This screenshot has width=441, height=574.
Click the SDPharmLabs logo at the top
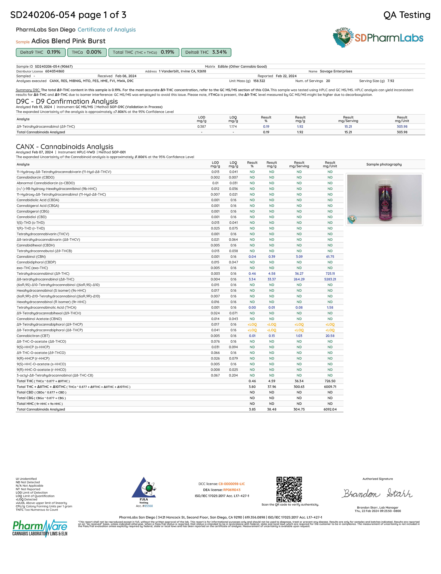[378, 38]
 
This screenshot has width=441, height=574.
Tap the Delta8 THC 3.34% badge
[206, 52]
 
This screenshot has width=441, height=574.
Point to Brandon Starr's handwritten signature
[377, 493]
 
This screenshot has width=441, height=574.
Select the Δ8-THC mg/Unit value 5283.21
[330, 279]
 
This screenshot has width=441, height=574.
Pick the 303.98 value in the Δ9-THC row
[402, 126]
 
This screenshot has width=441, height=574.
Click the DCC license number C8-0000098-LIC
[232, 484]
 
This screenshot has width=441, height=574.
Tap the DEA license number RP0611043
[232, 490]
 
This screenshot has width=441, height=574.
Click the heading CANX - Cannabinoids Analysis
[65, 147]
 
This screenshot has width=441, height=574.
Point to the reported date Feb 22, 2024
[286, 76]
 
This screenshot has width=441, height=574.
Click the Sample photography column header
[384, 164]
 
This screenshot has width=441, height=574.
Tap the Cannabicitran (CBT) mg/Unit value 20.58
[330, 336]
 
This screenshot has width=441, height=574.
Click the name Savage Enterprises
[336, 71]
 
